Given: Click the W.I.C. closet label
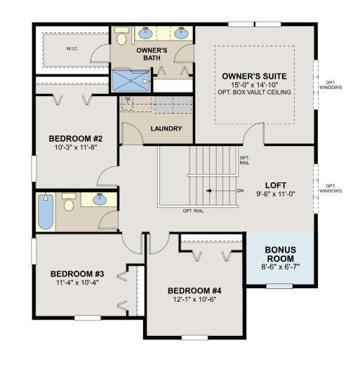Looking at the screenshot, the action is pyautogui.click(x=72, y=48).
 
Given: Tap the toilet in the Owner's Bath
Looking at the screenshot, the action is pyautogui.click(x=121, y=36).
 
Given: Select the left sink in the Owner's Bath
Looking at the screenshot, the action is pyautogui.click(x=145, y=33).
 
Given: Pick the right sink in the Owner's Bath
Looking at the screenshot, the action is pyautogui.click(x=181, y=33).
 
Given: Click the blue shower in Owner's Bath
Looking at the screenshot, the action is pyautogui.click(x=131, y=80).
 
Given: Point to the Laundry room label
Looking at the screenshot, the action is pyautogui.click(x=166, y=128).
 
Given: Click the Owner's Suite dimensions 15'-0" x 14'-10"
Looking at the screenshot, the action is pyautogui.click(x=255, y=84).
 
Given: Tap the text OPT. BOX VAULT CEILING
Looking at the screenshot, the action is pyautogui.click(x=255, y=92).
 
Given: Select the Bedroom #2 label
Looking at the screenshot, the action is pyautogui.click(x=76, y=139).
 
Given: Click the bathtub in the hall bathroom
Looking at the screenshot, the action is pyautogui.click(x=46, y=211).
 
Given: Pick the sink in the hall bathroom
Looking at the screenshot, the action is pyautogui.click(x=100, y=199).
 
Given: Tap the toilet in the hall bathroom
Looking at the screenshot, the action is pyautogui.click(x=69, y=202).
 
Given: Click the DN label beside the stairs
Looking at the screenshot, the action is pyautogui.click(x=241, y=191).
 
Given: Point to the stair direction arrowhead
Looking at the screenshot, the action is pyautogui.click(x=208, y=191).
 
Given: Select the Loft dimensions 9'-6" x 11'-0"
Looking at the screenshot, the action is pyautogui.click(x=276, y=194).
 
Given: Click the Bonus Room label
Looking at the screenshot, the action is pyautogui.click(x=281, y=254).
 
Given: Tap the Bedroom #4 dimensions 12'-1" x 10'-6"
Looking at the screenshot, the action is pyautogui.click(x=194, y=300).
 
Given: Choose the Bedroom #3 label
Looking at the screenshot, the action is pyautogui.click(x=77, y=274).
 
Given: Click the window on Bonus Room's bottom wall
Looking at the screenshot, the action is pyautogui.click(x=279, y=286).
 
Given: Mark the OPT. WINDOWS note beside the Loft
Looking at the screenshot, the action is pyautogui.click(x=331, y=189).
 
